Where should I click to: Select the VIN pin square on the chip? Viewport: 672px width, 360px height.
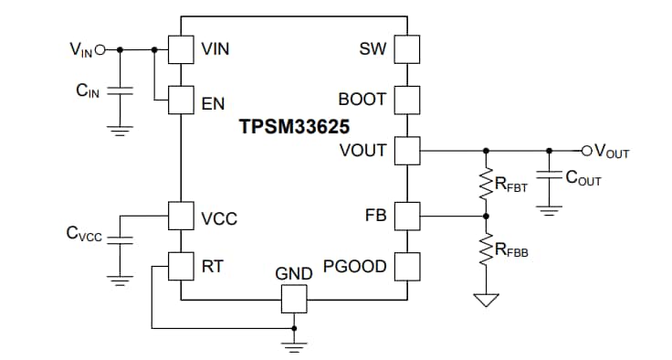181,49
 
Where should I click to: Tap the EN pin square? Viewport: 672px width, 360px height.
181,99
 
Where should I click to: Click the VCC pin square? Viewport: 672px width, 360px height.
181,217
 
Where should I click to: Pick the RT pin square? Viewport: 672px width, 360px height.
181,266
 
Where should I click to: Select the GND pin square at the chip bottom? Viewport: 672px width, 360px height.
294,298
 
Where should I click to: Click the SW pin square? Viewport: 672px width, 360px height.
406,49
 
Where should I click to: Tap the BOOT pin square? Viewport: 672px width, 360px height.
406,99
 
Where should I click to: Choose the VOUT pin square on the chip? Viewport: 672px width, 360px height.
406,149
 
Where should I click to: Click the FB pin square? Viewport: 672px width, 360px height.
406,217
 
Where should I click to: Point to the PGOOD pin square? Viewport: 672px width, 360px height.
406,266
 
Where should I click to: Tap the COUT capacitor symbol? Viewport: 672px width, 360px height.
549,178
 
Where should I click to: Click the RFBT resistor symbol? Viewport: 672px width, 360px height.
486,184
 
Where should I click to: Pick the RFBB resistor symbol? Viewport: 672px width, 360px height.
486,249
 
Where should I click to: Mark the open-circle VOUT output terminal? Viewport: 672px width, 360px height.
587,149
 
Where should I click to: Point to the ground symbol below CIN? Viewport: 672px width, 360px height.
120,131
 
